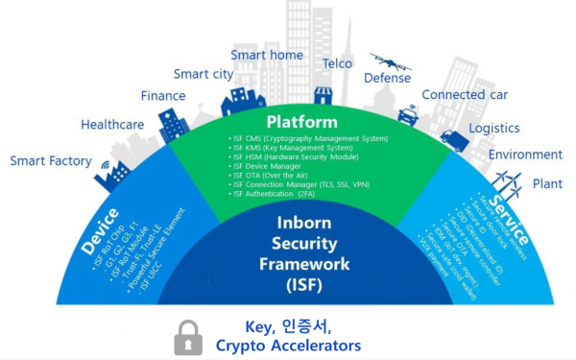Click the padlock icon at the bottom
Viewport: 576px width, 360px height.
188,336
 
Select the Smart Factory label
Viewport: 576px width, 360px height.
51,161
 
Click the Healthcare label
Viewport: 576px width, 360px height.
112,125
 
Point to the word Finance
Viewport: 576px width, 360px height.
163,96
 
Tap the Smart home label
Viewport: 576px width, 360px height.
266,55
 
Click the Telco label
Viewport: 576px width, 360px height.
337,64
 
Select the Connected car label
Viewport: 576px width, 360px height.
466,95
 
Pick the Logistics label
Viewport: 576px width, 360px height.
494,129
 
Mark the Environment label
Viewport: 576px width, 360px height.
525,155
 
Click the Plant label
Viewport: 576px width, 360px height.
547,183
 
